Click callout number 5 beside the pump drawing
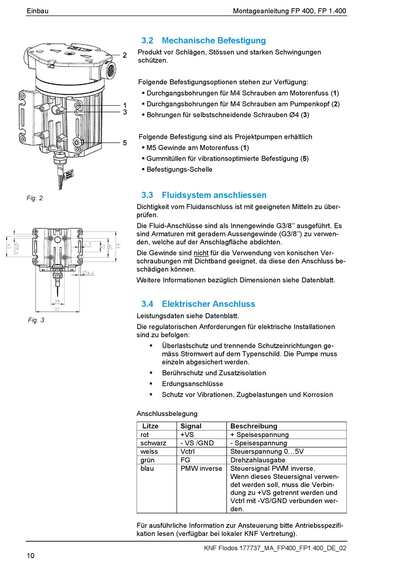coord(125,143)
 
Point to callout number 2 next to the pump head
coord(125,55)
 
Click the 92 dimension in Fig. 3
coord(57,309)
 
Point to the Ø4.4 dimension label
coord(88,272)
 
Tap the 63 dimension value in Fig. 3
coord(118,246)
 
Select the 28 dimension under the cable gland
coord(57,301)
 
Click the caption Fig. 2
coord(35,198)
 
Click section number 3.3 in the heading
coord(147,195)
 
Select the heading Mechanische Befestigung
coord(213,41)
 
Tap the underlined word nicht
coord(201,253)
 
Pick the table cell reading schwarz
coord(153,443)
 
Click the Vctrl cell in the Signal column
coord(187,451)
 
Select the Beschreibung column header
coord(254,426)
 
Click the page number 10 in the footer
coord(31,556)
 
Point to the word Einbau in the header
coord(37,11)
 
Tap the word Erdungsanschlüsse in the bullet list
coord(192,384)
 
